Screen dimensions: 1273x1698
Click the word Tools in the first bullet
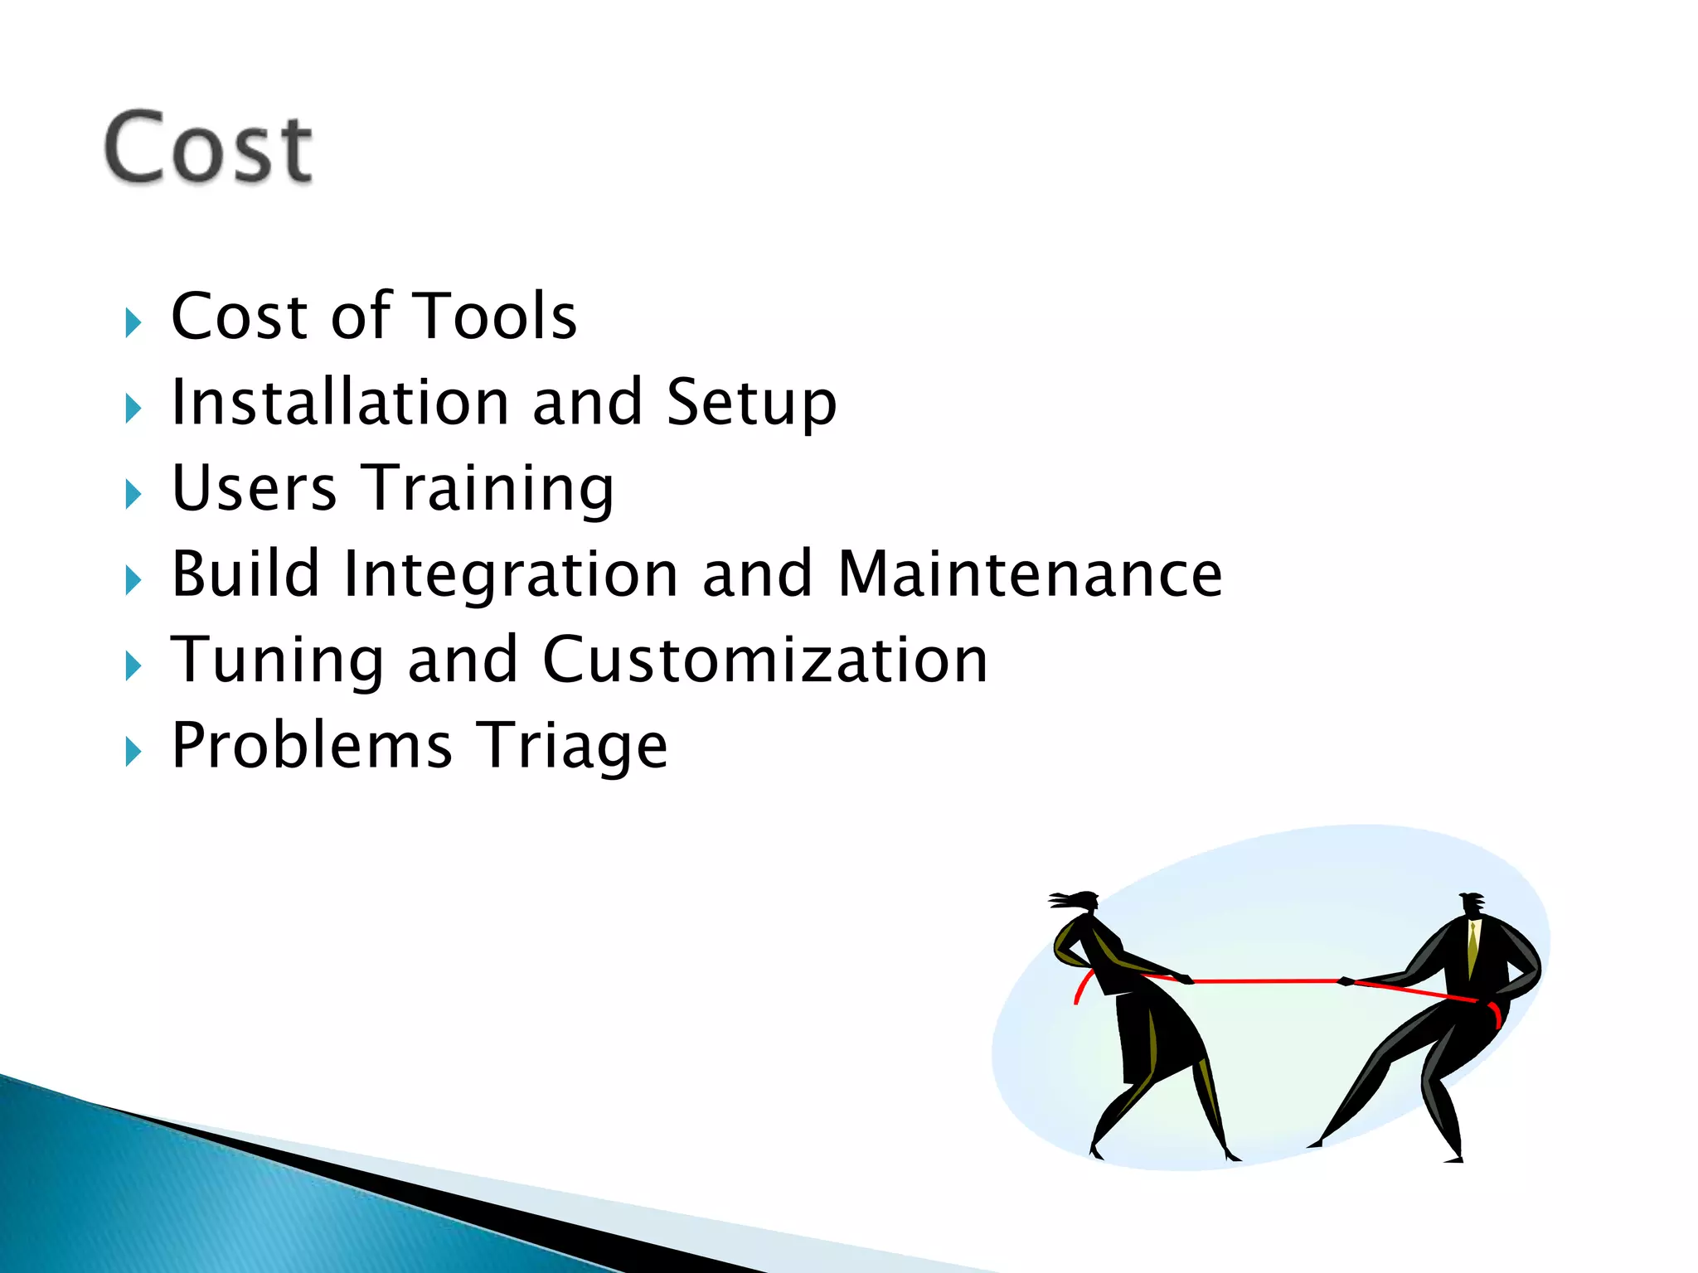tap(494, 317)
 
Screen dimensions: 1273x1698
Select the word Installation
tap(340, 403)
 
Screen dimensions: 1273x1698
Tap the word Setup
tap(751, 404)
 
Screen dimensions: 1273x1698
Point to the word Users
tap(254, 489)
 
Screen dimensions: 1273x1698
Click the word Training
tap(490, 491)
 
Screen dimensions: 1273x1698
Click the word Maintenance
tap(1030, 575)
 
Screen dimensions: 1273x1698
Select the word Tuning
tap(277, 661)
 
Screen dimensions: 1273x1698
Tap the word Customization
tap(764, 661)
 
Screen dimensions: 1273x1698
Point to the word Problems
tap(312, 746)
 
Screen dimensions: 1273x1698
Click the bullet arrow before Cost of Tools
tap(133, 322)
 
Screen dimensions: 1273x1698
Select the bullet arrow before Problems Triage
tap(133, 752)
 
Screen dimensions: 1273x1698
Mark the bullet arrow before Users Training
tap(133, 494)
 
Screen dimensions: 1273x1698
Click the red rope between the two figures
tap(1265, 981)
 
